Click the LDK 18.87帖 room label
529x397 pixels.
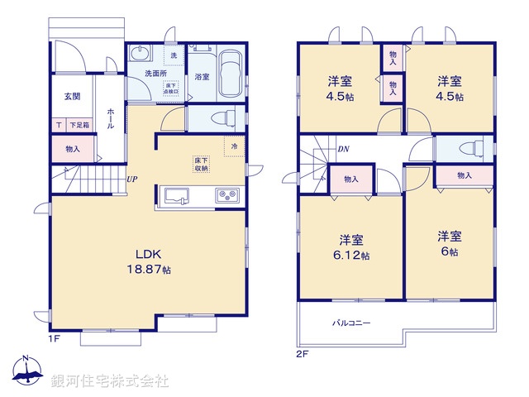click(x=150, y=261)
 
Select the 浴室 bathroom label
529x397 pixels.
click(x=202, y=76)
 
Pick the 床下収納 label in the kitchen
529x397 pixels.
click(x=202, y=163)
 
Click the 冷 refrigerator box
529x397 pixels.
click(x=234, y=146)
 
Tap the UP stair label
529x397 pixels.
click(x=131, y=179)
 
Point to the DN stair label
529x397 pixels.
click(x=343, y=150)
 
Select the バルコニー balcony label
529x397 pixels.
click(x=351, y=323)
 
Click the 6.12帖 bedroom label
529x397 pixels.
click(x=351, y=247)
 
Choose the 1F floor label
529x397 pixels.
click(x=54, y=338)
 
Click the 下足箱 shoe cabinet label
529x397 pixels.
click(x=79, y=125)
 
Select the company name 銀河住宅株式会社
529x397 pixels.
click(x=110, y=381)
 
